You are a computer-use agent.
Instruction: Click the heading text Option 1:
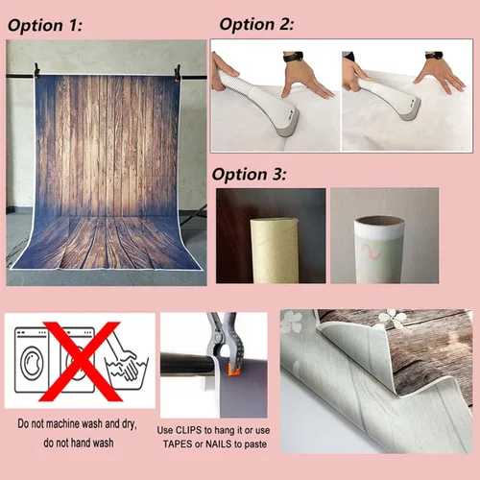[x=45, y=26]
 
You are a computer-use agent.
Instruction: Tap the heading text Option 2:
[x=256, y=24]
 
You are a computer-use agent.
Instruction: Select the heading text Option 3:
[x=249, y=175]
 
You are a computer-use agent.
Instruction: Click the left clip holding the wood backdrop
[x=36, y=71]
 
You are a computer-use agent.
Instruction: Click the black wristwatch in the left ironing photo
[x=293, y=57]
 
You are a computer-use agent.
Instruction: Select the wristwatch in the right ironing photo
[x=434, y=55]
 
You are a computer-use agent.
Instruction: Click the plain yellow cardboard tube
[x=275, y=251]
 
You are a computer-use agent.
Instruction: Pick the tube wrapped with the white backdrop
[x=379, y=250]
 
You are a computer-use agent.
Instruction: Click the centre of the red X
[x=81, y=362]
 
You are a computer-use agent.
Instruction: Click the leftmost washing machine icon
[x=32, y=360]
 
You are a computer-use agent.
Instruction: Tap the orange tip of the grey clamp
[x=234, y=370]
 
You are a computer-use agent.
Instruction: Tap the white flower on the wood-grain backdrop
[x=393, y=319]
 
